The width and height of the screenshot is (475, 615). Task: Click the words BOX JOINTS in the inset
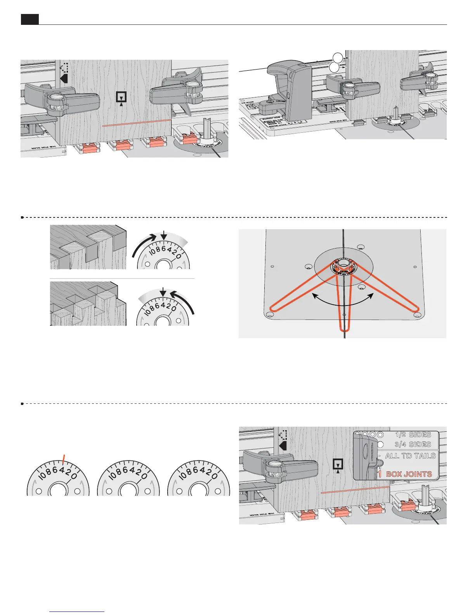[x=409, y=474]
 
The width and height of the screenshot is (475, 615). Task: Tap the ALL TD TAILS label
[x=410, y=456]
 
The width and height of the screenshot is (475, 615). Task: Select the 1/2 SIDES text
[x=413, y=435]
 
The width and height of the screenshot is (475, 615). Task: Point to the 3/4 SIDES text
[x=413, y=444]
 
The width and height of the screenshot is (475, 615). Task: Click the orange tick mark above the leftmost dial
[x=64, y=459]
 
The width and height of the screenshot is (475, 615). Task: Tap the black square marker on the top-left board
[x=122, y=97]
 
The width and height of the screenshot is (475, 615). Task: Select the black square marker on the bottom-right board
[x=338, y=464]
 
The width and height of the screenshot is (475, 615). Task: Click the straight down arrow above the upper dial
[x=165, y=235]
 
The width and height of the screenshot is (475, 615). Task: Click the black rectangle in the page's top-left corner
[x=29, y=19]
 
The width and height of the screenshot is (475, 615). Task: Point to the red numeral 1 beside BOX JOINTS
[x=380, y=474]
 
